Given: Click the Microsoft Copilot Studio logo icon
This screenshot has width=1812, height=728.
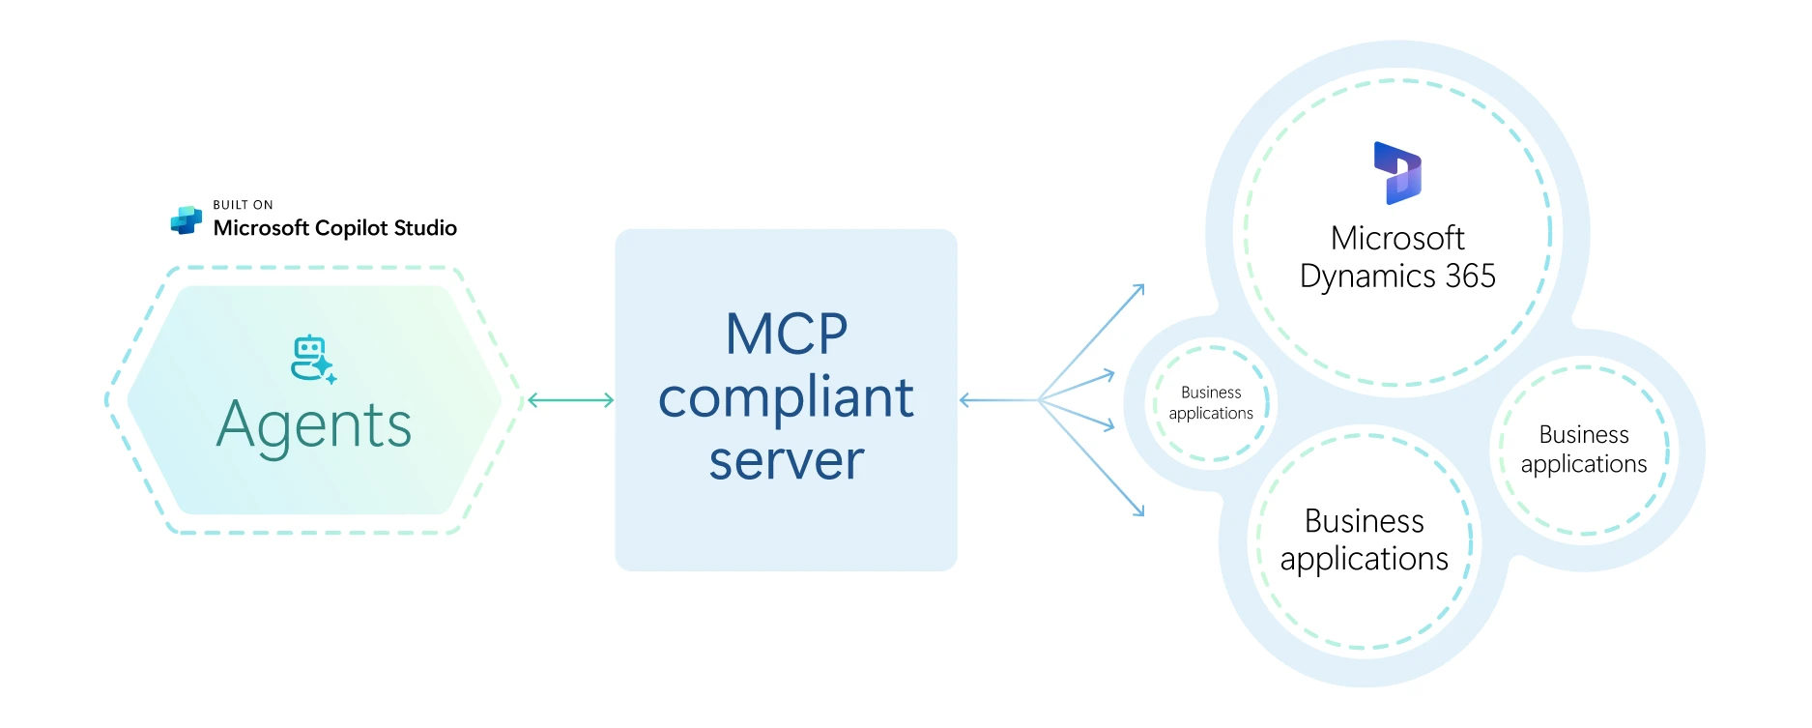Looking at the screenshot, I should pyautogui.click(x=186, y=220).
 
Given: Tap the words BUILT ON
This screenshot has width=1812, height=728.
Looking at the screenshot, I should pyautogui.click(x=243, y=205).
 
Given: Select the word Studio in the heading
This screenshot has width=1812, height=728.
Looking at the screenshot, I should pyautogui.click(x=425, y=228).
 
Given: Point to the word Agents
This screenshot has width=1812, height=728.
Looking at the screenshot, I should pyautogui.click(x=314, y=425).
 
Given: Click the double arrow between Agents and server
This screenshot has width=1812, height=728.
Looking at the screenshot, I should pyautogui.click(x=570, y=400).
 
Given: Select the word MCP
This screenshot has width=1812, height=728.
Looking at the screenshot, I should pyautogui.click(x=786, y=335).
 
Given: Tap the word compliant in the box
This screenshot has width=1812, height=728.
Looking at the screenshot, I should pyautogui.click(x=786, y=397).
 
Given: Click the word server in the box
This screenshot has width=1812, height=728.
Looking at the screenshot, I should pyautogui.click(x=786, y=461).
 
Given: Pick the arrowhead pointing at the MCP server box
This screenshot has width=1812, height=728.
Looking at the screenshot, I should pyautogui.click(x=965, y=400).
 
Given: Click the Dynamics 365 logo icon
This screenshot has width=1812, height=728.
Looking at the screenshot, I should pyautogui.click(x=1397, y=173).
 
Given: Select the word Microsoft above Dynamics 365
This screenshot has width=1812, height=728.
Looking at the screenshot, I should pyautogui.click(x=1397, y=238).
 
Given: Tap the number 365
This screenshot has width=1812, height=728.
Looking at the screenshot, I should pyautogui.click(x=1470, y=277).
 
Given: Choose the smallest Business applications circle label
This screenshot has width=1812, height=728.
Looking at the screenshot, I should pyautogui.click(x=1211, y=403).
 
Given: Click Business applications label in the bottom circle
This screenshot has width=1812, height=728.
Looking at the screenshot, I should pyautogui.click(x=1364, y=540).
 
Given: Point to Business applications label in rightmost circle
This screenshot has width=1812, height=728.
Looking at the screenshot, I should pyautogui.click(x=1583, y=450).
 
